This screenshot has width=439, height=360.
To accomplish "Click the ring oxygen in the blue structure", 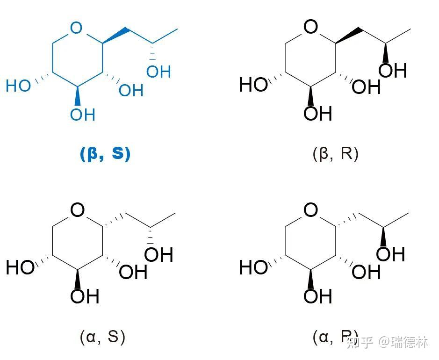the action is coord(75,29).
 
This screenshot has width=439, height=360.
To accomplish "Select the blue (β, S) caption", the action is coord(105,154).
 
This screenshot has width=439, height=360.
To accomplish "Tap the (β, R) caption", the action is coord(335,154).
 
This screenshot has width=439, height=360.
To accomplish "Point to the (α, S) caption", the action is coord(102,336).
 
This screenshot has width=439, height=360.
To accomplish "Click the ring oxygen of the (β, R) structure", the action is coord(310,27).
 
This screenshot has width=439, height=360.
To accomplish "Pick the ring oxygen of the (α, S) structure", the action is coord(78,210).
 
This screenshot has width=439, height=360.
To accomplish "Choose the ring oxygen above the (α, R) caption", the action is coord(310,210).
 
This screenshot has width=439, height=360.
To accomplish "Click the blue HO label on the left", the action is coord(18,86).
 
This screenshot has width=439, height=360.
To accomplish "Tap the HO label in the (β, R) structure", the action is coord(253,85).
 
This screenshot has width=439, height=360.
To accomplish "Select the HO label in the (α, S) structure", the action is coord(20,268).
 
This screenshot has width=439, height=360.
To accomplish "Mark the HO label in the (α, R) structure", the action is coord(253,268).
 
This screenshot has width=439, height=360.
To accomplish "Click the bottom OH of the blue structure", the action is coord(83,114).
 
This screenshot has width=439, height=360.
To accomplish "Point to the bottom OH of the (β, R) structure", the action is coord(317,113).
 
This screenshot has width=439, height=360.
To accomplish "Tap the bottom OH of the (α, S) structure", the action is coord(85,296).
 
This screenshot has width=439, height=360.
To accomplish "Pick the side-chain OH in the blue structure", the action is coord(158,72).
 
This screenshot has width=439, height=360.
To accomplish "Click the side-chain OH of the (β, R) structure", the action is coord(392,70).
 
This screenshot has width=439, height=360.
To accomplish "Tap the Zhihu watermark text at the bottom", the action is coord(388,343).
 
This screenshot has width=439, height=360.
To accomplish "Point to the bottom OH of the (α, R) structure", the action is coord(317,296).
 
